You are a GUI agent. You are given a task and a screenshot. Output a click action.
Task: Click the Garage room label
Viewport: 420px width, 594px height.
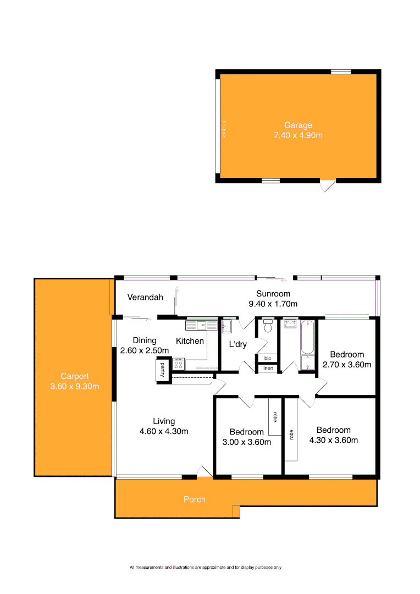tap(298, 125)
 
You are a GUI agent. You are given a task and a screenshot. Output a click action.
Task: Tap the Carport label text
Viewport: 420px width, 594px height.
tap(75, 376)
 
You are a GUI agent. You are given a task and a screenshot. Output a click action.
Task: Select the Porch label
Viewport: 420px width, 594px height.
tap(195, 499)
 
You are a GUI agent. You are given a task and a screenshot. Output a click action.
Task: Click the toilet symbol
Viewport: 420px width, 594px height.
tap(268, 327)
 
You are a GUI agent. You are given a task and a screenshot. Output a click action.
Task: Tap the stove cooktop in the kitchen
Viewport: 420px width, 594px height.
tap(179, 363)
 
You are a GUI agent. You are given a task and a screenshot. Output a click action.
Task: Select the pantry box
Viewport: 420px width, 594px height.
tap(163, 371)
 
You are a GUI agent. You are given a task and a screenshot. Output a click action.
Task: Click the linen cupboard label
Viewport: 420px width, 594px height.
tap(268, 368)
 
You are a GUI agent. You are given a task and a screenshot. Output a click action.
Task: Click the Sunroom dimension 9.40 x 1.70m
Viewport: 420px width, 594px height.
tap(273, 304)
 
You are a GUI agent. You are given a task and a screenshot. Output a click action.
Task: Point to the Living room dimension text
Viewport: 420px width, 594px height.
tap(164, 431)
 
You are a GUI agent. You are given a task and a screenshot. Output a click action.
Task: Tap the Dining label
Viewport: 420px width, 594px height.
tap(145, 340)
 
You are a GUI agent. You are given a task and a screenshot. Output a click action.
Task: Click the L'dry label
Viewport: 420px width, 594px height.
tap(238, 344)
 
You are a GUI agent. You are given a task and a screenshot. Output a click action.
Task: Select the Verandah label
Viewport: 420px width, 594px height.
tap(145, 298)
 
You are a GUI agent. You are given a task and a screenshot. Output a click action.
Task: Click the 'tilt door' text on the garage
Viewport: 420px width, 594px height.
tap(224, 130)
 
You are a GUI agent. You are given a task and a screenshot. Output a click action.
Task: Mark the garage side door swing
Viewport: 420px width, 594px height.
tap(328, 186)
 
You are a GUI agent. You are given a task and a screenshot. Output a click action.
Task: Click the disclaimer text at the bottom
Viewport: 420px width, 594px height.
tap(206, 567)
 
